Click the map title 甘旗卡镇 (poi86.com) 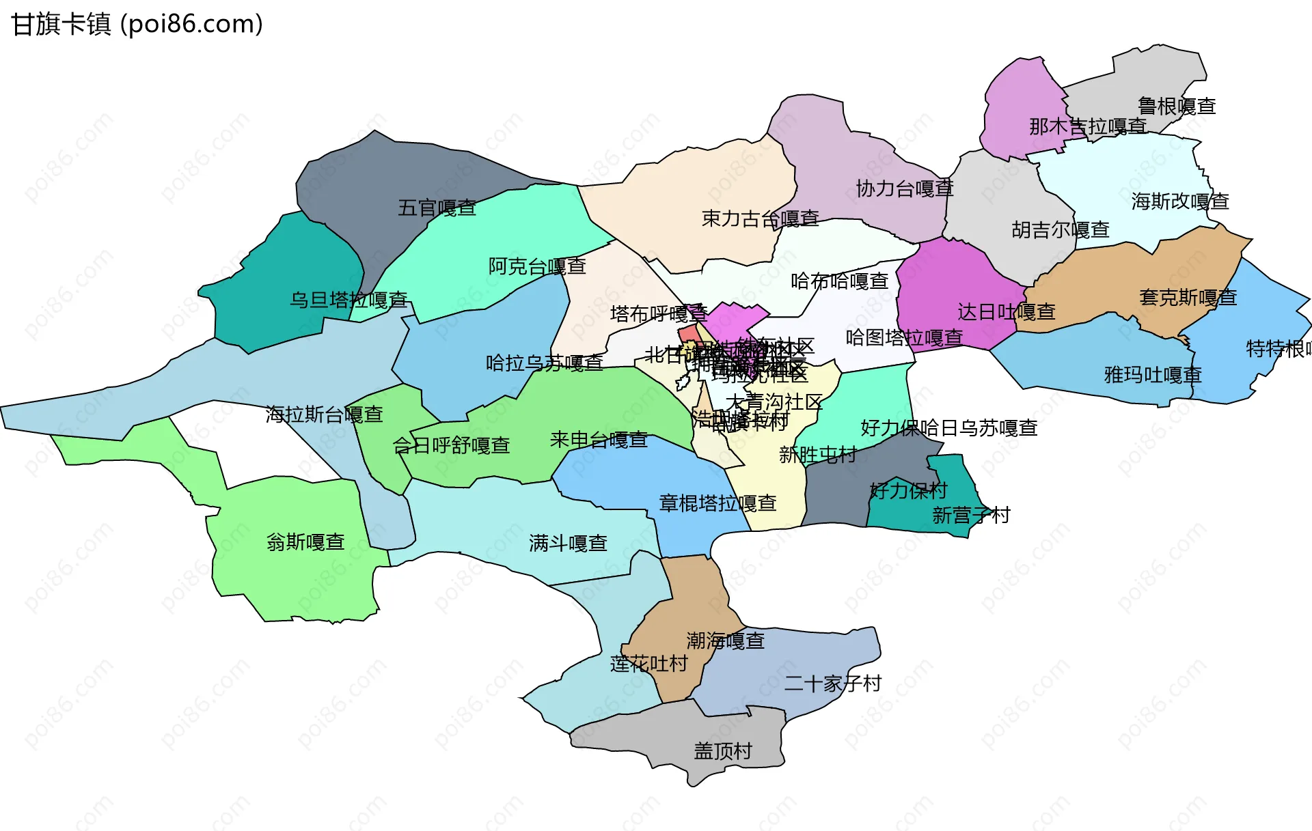tap(137, 25)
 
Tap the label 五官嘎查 tap(437, 208)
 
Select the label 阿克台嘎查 tap(537, 266)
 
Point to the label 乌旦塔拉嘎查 tap(348, 300)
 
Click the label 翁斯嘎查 tap(305, 542)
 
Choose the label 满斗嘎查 tap(568, 544)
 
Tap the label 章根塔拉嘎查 tap(717, 503)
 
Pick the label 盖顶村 tap(723, 751)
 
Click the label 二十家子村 tap(833, 684)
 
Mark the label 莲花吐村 tap(648, 664)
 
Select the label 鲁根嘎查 tap(1177, 106)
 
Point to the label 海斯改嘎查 tap(1180, 201)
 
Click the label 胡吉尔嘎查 tap(1061, 230)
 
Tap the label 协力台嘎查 tap(905, 188)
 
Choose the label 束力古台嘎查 tap(761, 219)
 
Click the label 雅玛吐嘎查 tap(1153, 375)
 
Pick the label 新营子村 tap(971, 516)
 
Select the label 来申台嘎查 tap(599, 440)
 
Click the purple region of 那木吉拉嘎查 tap(1018, 96)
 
